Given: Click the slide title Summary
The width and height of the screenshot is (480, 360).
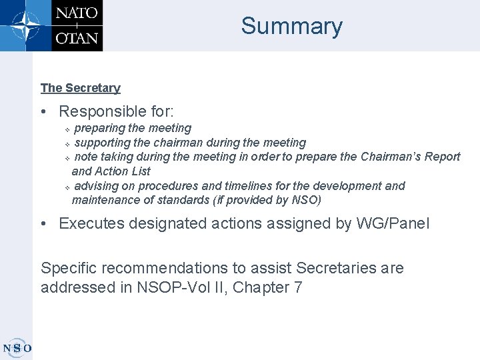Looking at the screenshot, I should [291, 26].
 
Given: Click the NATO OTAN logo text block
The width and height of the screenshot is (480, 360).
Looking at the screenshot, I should [77, 25].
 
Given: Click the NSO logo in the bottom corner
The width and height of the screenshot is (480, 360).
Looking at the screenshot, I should [17, 347].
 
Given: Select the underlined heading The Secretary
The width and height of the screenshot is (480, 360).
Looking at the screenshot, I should [80, 88].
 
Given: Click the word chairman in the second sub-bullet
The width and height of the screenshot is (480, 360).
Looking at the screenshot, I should [179, 143].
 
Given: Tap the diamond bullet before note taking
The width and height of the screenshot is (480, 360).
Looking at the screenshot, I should [67, 159].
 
